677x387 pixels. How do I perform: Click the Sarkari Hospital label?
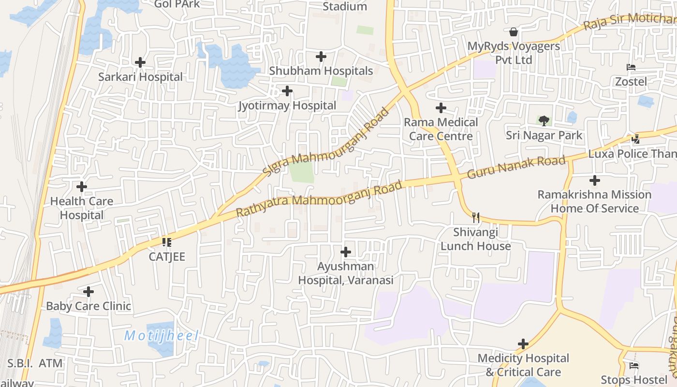tap(141, 77)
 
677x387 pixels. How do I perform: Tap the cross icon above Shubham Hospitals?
tap(321, 57)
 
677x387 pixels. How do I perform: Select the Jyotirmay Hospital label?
tap(287, 105)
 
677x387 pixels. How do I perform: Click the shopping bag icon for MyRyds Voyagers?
tap(514, 32)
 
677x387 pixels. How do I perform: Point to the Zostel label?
tap(631, 81)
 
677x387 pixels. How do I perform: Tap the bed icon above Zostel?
tap(631, 67)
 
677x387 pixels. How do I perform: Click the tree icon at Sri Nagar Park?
tap(544, 121)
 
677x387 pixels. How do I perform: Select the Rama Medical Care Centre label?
tap(441, 129)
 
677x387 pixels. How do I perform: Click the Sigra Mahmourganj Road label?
tap(326, 142)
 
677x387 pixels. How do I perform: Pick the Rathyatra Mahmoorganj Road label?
tap(319, 199)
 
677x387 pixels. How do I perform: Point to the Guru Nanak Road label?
tap(516, 167)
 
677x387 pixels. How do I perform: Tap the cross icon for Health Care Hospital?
tap(82, 186)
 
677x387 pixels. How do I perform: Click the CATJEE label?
tap(167, 256)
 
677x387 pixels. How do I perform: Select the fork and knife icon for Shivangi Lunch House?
tap(476, 218)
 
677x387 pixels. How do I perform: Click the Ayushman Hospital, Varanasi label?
tap(346, 273)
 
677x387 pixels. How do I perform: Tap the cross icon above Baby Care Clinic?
tap(88, 292)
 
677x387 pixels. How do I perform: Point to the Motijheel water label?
tap(161, 335)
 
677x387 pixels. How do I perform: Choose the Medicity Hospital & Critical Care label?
tap(523, 365)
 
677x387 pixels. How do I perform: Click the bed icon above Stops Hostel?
tap(634, 365)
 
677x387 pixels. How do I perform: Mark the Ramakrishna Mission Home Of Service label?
tap(595, 202)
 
